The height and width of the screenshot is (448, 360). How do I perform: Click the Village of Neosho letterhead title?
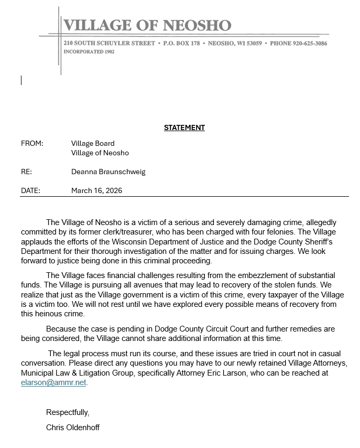(147, 25)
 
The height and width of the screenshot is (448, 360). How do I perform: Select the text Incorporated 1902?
(89, 52)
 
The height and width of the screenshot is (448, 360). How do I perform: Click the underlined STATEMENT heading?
(184, 127)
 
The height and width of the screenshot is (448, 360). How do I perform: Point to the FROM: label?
(32, 143)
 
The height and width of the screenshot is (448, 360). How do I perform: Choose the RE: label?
(26, 172)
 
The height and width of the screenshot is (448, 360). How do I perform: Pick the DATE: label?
(30, 190)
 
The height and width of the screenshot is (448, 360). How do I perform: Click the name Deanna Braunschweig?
(108, 172)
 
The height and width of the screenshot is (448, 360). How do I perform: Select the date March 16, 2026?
(96, 190)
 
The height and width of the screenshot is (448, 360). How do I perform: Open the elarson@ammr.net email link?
(53, 383)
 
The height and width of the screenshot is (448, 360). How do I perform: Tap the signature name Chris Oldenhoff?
(73, 428)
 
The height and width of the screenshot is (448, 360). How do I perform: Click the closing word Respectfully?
(68, 412)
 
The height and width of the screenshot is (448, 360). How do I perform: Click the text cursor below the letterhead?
(21, 80)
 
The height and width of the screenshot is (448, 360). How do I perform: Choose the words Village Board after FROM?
(93, 143)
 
